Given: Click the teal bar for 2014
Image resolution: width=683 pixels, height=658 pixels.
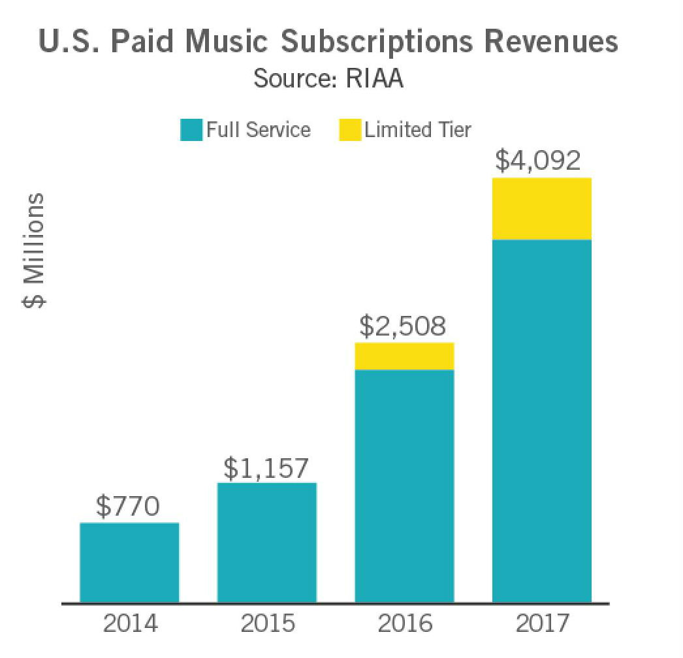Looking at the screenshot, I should [129, 562].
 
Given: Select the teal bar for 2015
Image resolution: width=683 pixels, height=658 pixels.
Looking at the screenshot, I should [267, 542].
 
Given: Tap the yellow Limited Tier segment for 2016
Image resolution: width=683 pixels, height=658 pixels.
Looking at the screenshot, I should [404, 356].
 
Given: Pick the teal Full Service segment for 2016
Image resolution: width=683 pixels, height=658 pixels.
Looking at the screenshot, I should [404, 486].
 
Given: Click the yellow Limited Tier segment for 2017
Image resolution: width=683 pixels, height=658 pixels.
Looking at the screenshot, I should [542, 209].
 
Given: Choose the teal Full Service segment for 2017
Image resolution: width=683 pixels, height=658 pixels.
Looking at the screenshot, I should [542, 421].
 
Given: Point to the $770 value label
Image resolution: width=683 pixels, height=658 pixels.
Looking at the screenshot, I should [128, 507].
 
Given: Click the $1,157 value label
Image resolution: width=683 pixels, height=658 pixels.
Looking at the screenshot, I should [266, 467].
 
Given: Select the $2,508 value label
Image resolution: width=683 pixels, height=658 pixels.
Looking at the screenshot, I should [404, 327].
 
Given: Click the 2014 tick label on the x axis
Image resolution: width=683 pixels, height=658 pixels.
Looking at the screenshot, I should [131, 623].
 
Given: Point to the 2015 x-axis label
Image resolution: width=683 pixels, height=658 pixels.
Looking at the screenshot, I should [268, 623].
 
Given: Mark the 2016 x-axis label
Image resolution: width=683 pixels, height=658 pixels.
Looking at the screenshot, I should [405, 623].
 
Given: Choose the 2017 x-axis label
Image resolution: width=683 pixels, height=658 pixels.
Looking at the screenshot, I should [542, 623].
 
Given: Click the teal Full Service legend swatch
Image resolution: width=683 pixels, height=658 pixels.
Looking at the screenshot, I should [191, 130].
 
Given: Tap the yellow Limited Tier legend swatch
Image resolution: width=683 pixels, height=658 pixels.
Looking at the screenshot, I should [349, 130].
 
